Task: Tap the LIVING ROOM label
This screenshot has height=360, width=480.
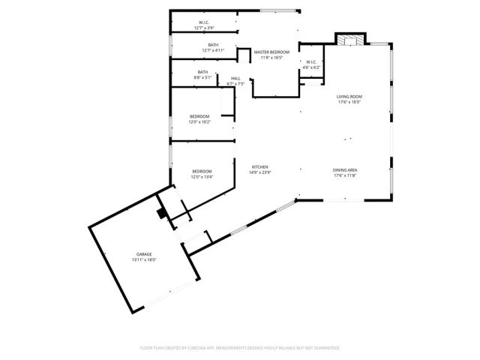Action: point(349,97)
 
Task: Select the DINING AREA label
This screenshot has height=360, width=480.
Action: point(345,170)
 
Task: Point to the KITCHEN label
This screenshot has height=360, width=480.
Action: point(260,166)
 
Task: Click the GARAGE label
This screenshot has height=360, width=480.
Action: point(144,254)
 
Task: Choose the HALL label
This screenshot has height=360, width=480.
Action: point(235,78)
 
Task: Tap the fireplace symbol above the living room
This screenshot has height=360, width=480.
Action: point(347,40)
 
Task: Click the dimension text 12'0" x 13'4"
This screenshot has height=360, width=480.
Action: point(202,177)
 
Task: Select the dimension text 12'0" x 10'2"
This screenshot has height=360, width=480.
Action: point(199,121)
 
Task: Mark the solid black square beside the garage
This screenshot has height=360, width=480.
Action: point(161,213)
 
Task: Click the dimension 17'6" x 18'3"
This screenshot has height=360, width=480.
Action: point(349,102)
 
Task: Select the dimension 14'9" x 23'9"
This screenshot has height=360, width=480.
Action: point(260,172)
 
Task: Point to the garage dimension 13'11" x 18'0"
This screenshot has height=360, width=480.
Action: point(144,259)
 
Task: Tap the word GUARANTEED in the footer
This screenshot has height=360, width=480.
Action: point(325,348)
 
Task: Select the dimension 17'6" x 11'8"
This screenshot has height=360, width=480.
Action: point(345,175)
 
